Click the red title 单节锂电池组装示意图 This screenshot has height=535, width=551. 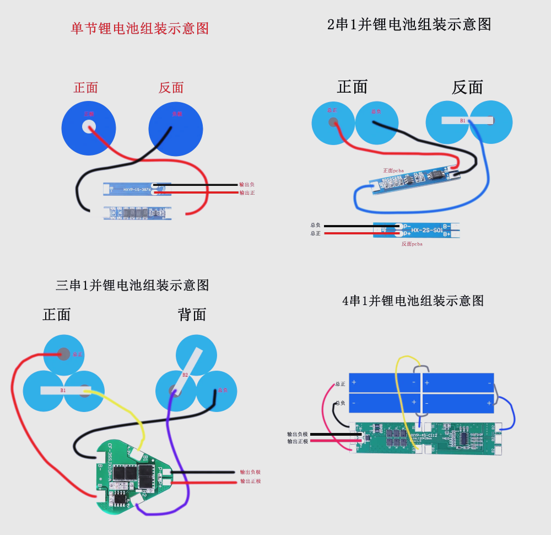tap(140, 29)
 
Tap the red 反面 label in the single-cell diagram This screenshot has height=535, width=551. tap(171, 88)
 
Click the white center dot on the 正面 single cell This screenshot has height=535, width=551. tap(88, 127)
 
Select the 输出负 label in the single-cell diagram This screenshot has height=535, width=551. tap(247, 185)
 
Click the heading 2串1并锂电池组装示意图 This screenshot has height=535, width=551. tap(409, 25)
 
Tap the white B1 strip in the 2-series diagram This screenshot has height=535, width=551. tap(466, 120)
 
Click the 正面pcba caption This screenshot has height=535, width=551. tap(393, 170)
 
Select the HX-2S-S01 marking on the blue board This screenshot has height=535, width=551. tap(426, 230)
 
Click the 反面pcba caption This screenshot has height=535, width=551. tap(412, 243)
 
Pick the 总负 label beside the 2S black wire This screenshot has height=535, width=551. tap(316, 225)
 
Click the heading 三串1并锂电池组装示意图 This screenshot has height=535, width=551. tap(133, 285)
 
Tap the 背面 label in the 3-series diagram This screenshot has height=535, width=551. tap(192, 314)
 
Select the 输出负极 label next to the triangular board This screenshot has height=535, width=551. tap(250, 472)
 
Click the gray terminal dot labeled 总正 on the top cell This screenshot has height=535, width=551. tap(64, 354)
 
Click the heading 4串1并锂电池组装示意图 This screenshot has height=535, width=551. tap(413, 301)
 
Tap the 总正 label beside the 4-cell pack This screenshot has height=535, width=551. tap(340, 384)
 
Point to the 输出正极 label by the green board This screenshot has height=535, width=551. tap(298, 441)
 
